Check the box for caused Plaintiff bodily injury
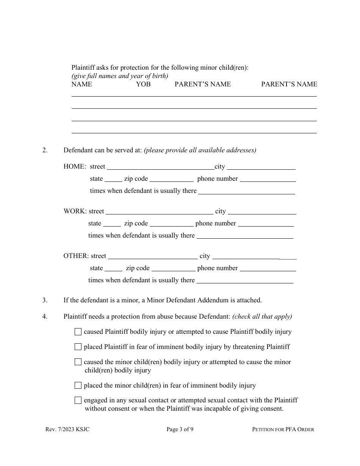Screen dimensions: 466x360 (78, 332)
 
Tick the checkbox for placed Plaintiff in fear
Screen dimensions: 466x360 (78, 347)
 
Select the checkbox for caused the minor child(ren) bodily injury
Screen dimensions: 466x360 (78, 362)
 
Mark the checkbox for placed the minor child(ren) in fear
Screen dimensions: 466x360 (78, 385)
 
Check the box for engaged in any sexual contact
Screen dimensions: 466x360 (78, 400)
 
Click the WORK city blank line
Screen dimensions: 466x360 (262, 211)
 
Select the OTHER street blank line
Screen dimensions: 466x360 (153, 256)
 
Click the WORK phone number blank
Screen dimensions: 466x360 (266, 224)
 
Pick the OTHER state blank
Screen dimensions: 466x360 (113, 268)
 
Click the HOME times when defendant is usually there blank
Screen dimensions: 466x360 (247, 191)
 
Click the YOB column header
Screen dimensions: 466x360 (143, 84)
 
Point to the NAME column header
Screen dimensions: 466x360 (81, 84)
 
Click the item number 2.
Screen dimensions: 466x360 (45, 150)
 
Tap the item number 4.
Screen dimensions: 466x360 (45, 316)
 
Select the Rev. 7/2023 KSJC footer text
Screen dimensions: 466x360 (67, 429)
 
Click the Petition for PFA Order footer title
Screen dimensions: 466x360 (283, 429)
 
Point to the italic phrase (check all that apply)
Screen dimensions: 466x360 (262, 316)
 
